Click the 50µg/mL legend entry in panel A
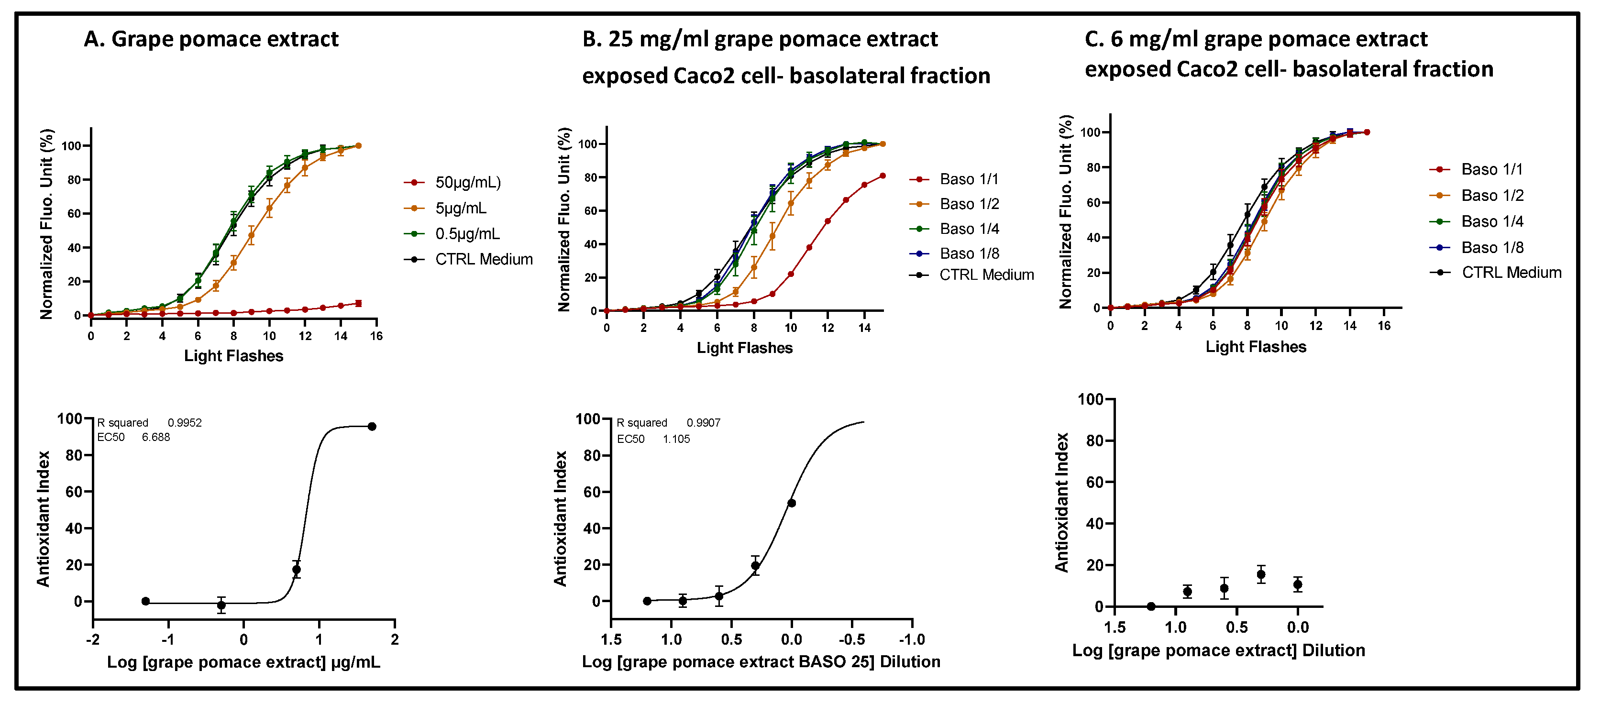(467, 182)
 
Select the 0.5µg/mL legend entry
(467, 233)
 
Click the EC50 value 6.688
(155, 437)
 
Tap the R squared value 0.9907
(703, 423)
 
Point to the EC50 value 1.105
(676, 439)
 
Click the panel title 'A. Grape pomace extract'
(211, 39)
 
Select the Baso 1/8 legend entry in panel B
(969, 253)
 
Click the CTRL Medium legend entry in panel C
(1511, 273)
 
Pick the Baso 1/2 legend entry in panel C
(1492, 196)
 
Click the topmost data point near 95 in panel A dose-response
(372, 427)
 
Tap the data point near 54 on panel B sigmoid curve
(791, 503)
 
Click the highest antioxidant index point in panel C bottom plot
(1261, 574)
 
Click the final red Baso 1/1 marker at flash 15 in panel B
(883, 176)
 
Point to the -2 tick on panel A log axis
(93, 639)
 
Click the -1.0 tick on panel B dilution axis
(911, 639)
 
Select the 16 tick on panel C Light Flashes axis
(1384, 326)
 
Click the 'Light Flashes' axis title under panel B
(744, 348)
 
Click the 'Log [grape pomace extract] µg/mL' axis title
(243, 662)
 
